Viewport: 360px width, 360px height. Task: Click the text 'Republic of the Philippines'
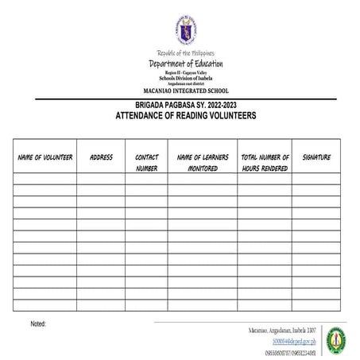tap(185, 53)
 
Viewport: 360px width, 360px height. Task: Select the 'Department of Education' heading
tap(185, 64)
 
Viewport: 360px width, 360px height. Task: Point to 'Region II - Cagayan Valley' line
tap(185, 72)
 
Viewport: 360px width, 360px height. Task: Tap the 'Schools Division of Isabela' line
tap(185, 78)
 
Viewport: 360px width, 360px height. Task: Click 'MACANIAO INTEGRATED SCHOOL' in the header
tap(185, 91)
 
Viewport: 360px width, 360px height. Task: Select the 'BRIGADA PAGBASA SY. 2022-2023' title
tap(185, 106)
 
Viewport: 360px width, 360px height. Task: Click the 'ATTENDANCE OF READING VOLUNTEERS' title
tap(185, 116)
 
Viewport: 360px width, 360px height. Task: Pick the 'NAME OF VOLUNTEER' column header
tap(45, 157)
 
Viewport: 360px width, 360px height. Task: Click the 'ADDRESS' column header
tap(101, 157)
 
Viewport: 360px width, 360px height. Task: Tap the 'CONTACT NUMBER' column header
tap(146, 163)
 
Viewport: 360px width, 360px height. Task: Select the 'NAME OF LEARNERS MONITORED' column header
tap(202, 163)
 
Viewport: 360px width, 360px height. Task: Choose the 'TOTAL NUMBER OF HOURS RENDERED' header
tap(265, 163)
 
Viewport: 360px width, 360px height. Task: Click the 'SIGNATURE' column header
tap(316, 157)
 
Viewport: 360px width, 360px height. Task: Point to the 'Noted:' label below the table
tap(38, 324)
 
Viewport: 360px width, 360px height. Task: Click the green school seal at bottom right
tap(339, 339)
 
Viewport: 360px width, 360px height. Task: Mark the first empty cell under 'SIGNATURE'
tap(316, 179)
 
